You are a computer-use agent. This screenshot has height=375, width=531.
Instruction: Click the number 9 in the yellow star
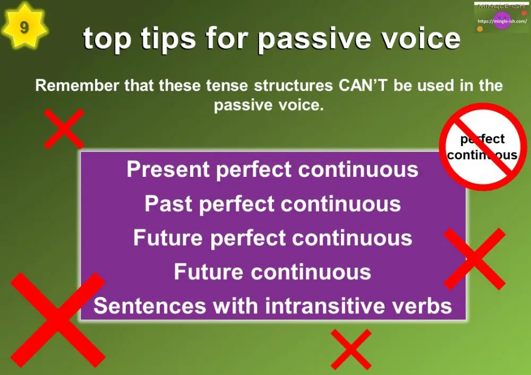click(x=24, y=27)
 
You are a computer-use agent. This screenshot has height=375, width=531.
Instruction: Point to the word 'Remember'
click(x=78, y=86)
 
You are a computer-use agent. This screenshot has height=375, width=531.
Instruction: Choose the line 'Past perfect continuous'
click(x=272, y=204)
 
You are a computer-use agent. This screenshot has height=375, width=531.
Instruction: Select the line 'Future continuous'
click(x=272, y=272)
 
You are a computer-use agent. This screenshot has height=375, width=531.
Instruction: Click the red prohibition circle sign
click(x=483, y=147)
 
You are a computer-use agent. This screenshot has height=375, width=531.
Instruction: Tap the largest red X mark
click(x=57, y=320)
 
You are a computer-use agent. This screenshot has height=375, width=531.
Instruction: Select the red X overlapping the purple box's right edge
click(x=474, y=259)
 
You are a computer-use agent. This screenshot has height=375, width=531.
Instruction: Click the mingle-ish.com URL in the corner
click(x=502, y=21)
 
